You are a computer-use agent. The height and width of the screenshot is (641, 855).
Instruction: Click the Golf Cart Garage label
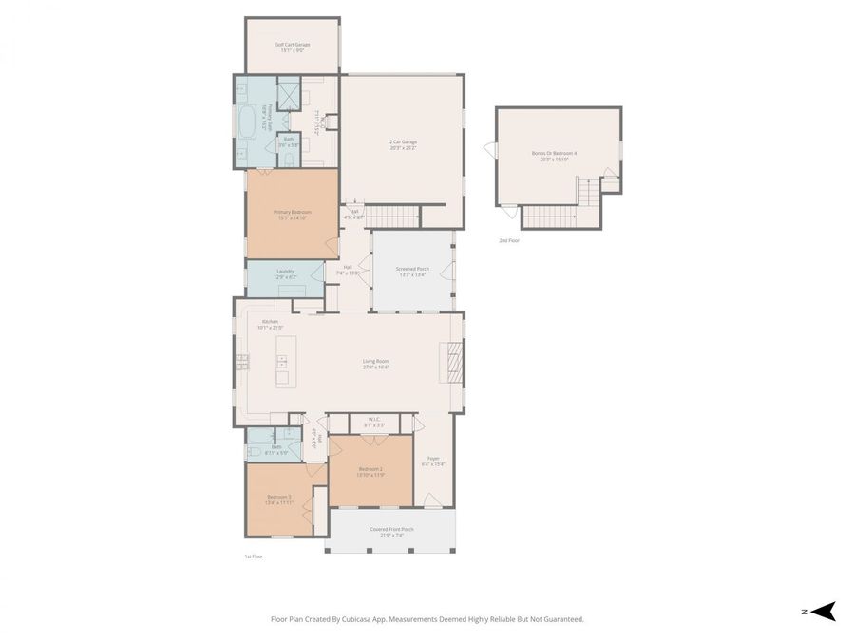pyautogui.click(x=293, y=47)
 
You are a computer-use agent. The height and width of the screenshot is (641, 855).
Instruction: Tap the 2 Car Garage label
pyautogui.click(x=403, y=144)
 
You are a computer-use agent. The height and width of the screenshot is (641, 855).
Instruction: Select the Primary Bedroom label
pyautogui.click(x=293, y=214)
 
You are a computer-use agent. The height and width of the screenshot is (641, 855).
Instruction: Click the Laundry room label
pyautogui.click(x=285, y=273)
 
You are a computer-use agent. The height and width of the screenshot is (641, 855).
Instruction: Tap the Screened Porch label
pyautogui.click(x=412, y=271)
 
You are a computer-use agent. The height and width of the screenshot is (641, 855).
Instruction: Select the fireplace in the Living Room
pyautogui.click(x=453, y=361)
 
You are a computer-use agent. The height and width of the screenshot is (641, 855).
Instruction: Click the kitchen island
pyautogui.click(x=285, y=361)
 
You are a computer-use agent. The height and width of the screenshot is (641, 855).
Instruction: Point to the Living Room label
pyautogui.click(x=375, y=363)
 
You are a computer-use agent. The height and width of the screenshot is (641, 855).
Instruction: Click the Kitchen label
pyautogui.click(x=271, y=324)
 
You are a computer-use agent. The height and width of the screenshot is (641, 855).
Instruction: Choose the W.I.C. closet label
pyautogui.click(x=374, y=423)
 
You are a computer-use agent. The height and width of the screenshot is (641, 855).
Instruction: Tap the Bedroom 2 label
pyautogui.click(x=370, y=471)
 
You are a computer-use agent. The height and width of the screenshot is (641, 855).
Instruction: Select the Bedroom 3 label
pyautogui.click(x=278, y=499)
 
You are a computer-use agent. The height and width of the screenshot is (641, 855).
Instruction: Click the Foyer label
pyautogui.click(x=432, y=462)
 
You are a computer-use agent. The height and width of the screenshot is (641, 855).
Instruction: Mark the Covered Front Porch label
pyautogui.click(x=391, y=532)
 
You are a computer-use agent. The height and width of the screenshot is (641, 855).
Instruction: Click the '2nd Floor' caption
pyautogui.click(x=509, y=240)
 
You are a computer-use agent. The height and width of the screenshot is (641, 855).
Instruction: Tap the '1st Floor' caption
pyautogui.click(x=254, y=556)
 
